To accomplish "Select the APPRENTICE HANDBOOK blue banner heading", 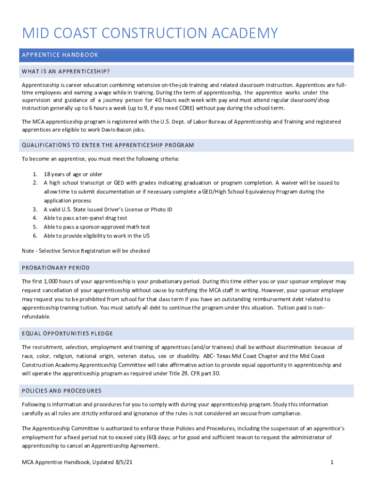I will tap(60, 55).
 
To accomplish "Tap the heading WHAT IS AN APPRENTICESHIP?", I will tap(66, 72).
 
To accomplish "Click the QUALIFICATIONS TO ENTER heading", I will tap(108, 145).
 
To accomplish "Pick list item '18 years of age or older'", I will tap(73, 174).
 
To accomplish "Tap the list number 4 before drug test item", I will tap(35, 218).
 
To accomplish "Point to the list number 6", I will tap(35, 235).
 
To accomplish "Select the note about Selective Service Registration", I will tap(86, 251).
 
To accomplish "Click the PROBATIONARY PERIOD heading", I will tap(56, 268).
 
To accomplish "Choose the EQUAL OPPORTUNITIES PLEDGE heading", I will tap(67, 333).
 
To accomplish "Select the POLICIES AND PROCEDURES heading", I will tap(62, 390).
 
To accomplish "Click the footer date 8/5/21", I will tap(124, 463).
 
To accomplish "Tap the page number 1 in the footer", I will tap(332, 463).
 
